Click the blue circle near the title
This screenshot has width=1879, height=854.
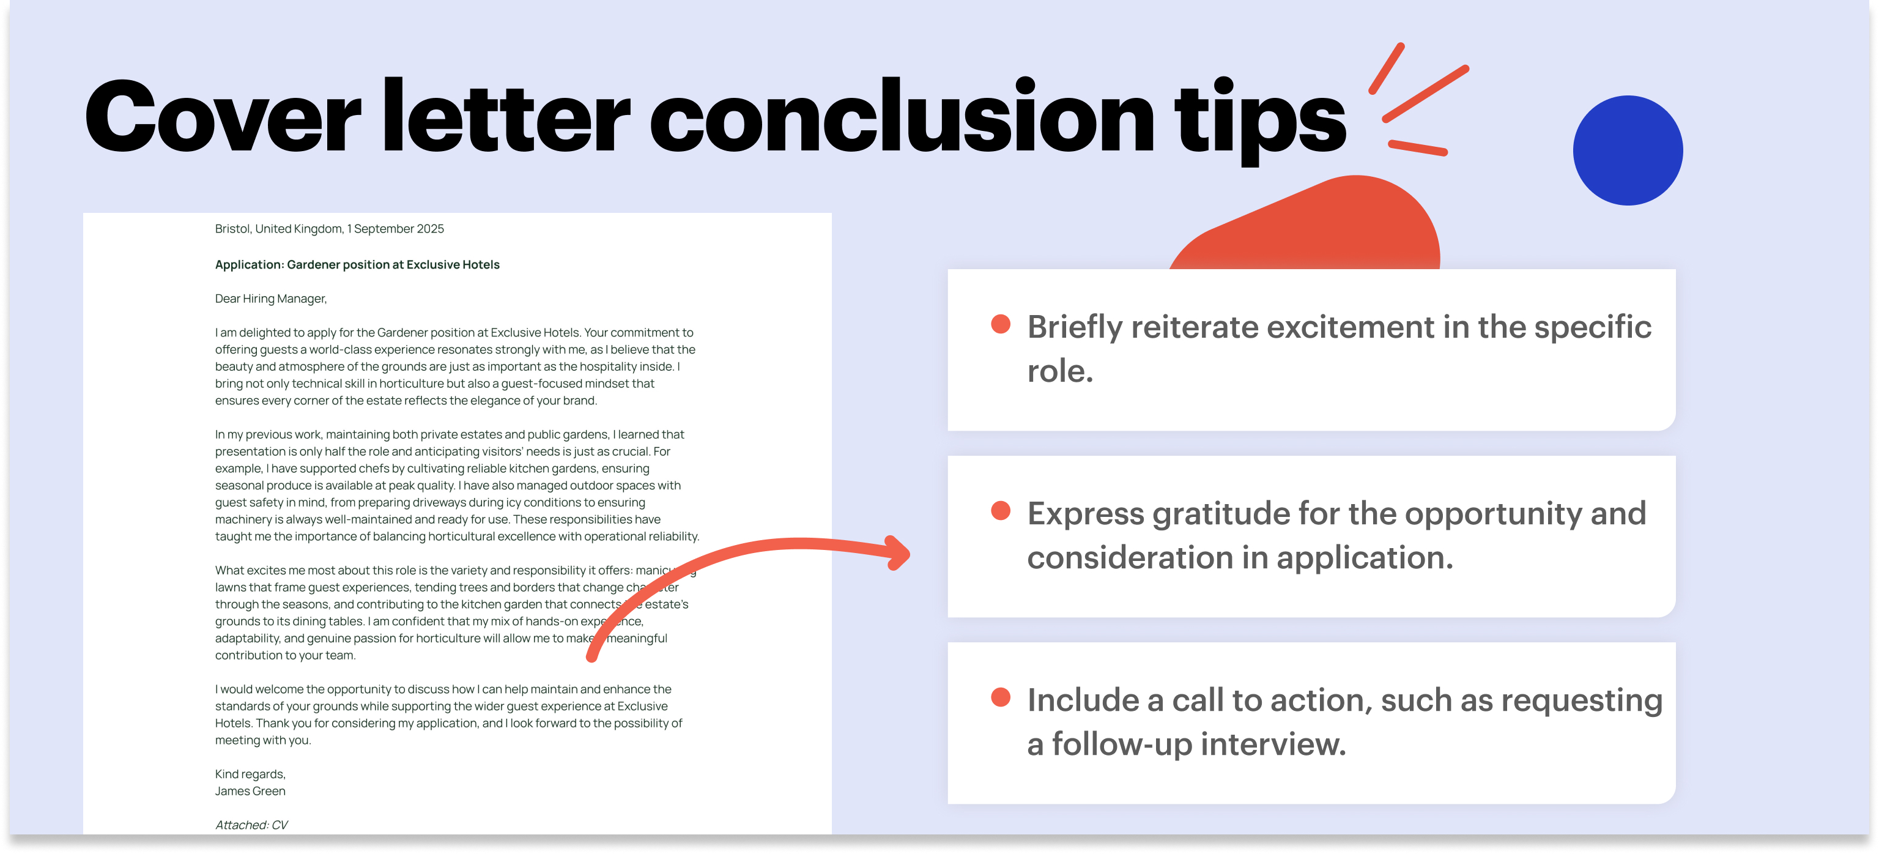click(1628, 150)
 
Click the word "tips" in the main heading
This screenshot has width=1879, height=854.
click(1260, 120)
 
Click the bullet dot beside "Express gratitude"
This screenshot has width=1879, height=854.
click(1001, 511)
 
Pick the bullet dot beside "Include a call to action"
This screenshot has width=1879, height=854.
click(1001, 697)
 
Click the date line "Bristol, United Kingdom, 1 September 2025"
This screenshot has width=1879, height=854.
click(329, 229)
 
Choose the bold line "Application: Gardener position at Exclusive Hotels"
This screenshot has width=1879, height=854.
click(357, 265)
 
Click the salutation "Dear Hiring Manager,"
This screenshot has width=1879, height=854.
click(270, 299)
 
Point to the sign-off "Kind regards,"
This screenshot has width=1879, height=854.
click(250, 774)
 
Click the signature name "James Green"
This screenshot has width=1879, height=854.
click(250, 791)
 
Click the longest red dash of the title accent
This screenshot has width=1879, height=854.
click(1425, 94)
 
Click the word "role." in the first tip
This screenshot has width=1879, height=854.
click(1060, 371)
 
